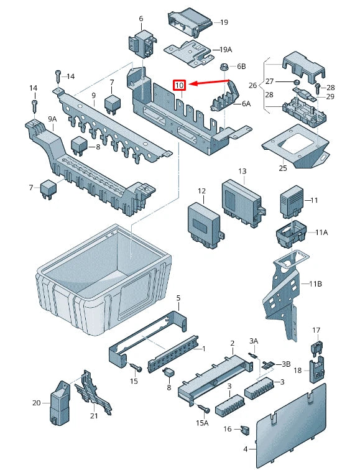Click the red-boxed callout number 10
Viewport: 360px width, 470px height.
coord(179,85)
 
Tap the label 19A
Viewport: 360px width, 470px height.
coord(225,50)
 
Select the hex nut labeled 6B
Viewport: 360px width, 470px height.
coord(222,66)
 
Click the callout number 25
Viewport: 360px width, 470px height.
coord(282,168)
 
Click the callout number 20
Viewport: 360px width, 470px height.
coord(37,403)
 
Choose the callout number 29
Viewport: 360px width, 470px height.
coord(330,96)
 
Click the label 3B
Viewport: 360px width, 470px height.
coord(286,364)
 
